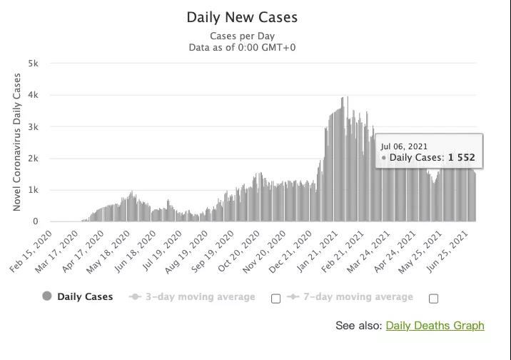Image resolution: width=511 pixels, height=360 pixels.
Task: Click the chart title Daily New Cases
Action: click(242, 17)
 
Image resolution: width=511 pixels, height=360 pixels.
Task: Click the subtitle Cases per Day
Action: click(242, 36)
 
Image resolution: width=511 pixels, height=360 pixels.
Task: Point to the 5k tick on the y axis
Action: click(33, 64)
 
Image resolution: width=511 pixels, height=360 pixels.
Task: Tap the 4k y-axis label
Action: click(33, 95)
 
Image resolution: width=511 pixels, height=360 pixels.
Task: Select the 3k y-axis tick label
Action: click(33, 127)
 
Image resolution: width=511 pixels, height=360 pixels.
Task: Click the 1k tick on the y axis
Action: click(33, 190)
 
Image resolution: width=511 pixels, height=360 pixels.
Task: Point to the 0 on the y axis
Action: click(34, 221)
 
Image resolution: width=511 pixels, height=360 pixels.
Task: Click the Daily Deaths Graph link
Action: click(435, 326)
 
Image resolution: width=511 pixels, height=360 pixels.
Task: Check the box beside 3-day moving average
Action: click(276, 299)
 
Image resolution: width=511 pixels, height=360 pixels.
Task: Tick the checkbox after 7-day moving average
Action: click(433, 299)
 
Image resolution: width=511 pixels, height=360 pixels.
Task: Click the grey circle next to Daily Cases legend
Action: click(47, 296)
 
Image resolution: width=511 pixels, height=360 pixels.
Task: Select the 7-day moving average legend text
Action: click(357, 296)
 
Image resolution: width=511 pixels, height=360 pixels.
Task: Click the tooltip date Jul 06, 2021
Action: click(404, 146)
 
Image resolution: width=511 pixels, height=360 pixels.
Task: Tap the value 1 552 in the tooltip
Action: click(461, 158)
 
